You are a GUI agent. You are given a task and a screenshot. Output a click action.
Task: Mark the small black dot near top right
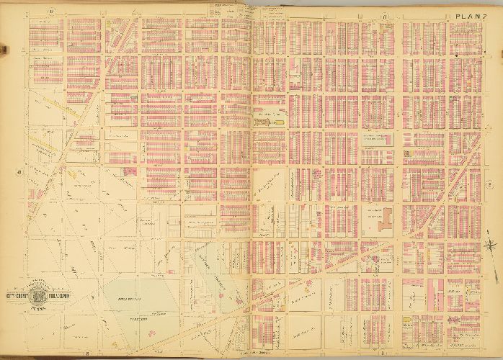click(x=455, y=55)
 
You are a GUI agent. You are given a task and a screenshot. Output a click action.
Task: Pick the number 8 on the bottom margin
click(x=86, y=352)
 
